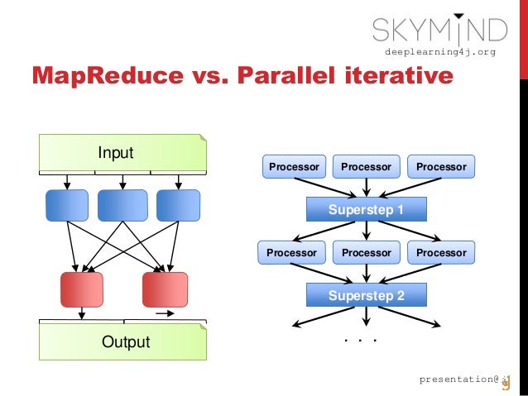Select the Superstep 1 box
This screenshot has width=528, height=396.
[x=366, y=209]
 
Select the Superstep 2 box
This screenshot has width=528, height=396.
[x=366, y=294]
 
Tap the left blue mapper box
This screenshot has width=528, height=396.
[x=67, y=205]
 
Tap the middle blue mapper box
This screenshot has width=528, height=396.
[x=122, y=205]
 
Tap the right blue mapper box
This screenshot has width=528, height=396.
[x=178, y=205]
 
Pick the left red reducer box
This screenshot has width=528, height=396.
[x=82, y=289]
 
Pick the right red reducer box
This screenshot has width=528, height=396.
[x=166, y=289]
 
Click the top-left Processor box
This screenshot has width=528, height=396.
[x=294, y=167]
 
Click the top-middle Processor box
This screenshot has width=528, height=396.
[x=366, y=167]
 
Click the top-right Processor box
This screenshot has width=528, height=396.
[x=441, y=167]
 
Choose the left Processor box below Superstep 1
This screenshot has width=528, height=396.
[x=291, y=252]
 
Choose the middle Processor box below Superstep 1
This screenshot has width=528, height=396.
[x=366, y=252]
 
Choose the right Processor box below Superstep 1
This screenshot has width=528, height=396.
[x=441, y=252]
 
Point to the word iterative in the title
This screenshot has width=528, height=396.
[x=396, y=76]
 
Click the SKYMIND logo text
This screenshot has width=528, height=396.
[x=439, y=31]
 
